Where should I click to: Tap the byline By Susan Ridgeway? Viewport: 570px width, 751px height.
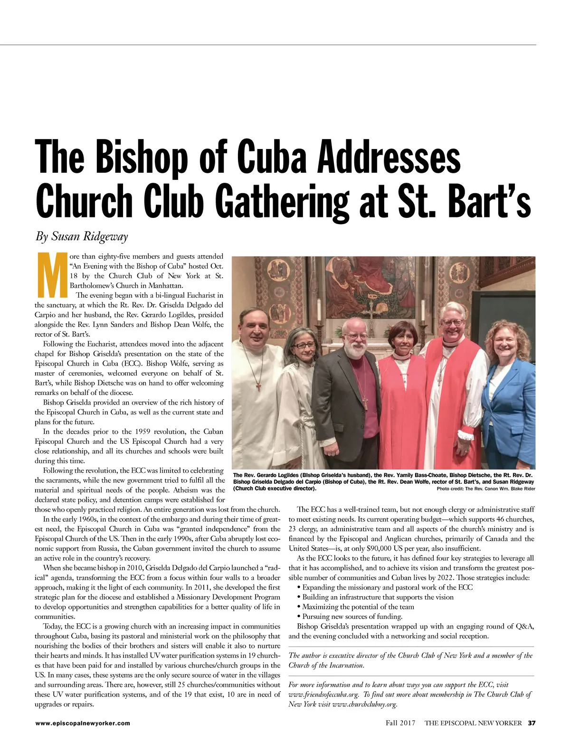pyautogui.click(x=82, y=236)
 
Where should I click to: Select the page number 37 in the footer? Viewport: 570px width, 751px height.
pyautogui.click(x=532, y=723)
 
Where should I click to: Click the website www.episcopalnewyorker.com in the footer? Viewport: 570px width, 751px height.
pyautogui.click(x=82, y=723)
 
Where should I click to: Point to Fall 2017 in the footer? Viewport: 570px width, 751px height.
pyautogui.click(x=400, y=723)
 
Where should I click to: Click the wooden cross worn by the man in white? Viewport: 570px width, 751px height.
pyautogui.click(x=259, y=385)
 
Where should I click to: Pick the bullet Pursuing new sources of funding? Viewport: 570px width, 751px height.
pyautogui.click(x=352, y=616)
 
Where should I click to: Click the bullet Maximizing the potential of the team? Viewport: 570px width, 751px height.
pyautogui.click(x=358, y=607)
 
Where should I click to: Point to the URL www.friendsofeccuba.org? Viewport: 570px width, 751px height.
pyautogui.click(x=323, y=694)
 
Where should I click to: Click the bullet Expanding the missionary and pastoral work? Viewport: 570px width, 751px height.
pyautogui.click(x=387, y=587)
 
